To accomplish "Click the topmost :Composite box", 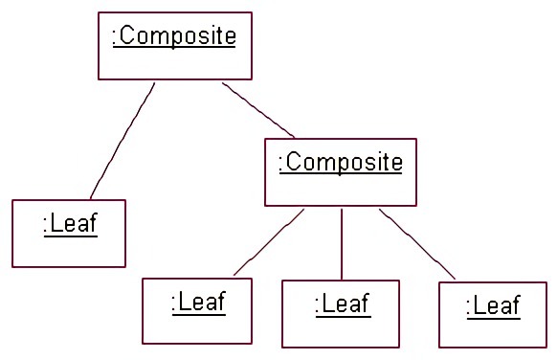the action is (175, 45).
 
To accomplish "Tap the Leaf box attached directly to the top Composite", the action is (69, 233).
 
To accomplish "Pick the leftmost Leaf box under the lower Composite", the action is (197, 310).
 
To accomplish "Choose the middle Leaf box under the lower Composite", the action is (340, 314).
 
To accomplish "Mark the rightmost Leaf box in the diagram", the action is (493, 314).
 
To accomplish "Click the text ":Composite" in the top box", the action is (174, 37).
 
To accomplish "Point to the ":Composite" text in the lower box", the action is (341, 163).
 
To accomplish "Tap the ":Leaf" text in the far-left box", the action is (70, 225).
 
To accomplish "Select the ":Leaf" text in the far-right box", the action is (493, 306).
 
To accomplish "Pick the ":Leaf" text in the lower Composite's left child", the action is (198, 303).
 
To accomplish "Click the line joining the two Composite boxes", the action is (258, 109).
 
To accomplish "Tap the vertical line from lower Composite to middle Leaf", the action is (342, 244).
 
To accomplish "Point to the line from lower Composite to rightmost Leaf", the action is (417, 244).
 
